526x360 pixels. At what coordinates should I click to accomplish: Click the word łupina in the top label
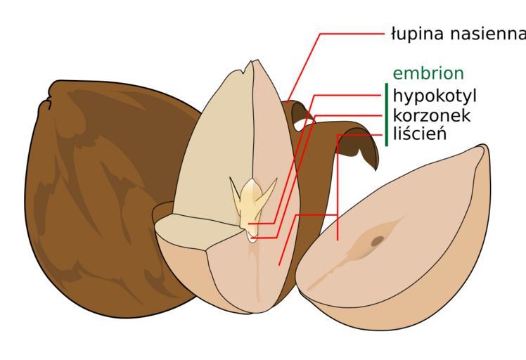point(418,34)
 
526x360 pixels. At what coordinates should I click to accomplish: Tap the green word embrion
point(428,73)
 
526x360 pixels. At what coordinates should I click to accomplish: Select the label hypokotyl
point(435,96)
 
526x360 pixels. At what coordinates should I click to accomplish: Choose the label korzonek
point(431,115)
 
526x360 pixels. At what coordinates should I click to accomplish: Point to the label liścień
point(420,134)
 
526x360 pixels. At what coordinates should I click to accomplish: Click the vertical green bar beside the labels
point(387,115)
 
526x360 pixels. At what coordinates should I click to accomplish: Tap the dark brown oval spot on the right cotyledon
point(378,240)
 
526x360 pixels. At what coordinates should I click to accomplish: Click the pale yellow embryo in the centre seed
point(252,205)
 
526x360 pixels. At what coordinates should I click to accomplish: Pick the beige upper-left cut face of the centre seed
point(214,148)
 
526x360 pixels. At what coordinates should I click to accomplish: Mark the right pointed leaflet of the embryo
point(268,192)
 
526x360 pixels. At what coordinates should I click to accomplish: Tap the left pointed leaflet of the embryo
point(236,191)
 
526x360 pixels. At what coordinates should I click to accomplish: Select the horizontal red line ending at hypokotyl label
point(347,96)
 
